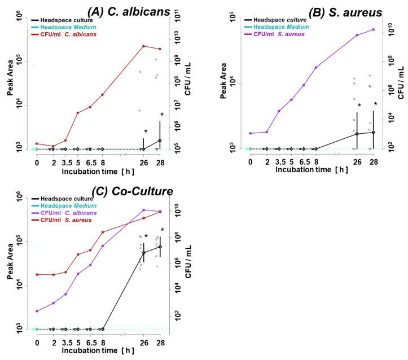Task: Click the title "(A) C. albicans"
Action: pos(139,10)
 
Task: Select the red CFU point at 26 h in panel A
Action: pos(143,46)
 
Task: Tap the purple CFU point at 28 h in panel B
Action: pos(373,29)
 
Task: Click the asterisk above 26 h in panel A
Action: pos(146,131)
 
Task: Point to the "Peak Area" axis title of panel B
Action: pos(224,83)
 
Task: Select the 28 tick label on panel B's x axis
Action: pos(373,163)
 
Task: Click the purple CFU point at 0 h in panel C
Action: pos(37,311)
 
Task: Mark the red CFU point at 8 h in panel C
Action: pos(103,232)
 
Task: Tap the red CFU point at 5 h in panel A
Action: pos(78,113)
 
